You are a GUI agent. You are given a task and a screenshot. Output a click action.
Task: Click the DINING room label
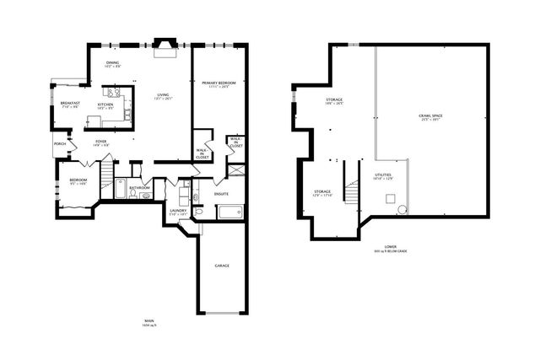pos(112,62)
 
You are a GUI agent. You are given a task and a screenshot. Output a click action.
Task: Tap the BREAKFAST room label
pos(69,104)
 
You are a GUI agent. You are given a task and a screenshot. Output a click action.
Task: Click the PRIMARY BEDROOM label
pos(218,83)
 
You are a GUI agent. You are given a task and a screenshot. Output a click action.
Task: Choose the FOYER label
pos(100,141)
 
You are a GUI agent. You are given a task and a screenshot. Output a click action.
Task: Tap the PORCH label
pos(60,144)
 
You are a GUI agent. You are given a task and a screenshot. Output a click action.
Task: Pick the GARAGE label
pos(222,266)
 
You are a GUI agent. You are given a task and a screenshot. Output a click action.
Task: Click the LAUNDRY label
pos(177,211)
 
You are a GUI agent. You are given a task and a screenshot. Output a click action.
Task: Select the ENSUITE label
pos(222,193)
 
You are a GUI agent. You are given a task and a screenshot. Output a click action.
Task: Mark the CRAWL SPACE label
pos(430,115)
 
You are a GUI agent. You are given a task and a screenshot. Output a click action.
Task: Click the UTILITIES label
pos(383,175)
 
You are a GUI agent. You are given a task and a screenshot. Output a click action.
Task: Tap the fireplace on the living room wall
pos(163,47)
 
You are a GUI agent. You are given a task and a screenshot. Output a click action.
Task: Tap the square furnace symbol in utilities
pos(390,199)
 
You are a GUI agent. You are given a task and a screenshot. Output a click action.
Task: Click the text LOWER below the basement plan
pos(390,247)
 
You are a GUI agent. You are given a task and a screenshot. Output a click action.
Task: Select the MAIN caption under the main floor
pos(150,320)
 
